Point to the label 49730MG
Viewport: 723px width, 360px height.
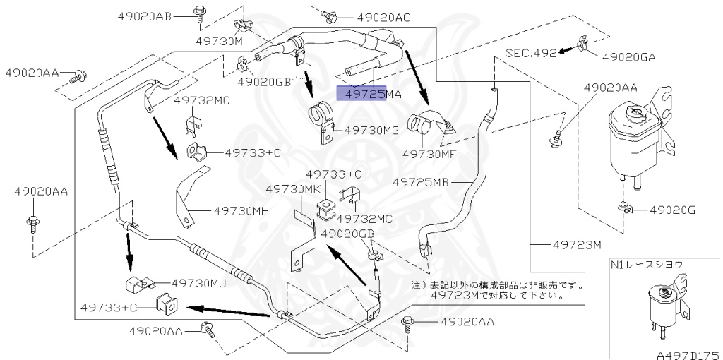(372, 130)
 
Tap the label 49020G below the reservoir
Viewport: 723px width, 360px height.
(673, 210)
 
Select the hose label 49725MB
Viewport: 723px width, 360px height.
(421, 181)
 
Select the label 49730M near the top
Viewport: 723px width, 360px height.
(219, 40)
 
